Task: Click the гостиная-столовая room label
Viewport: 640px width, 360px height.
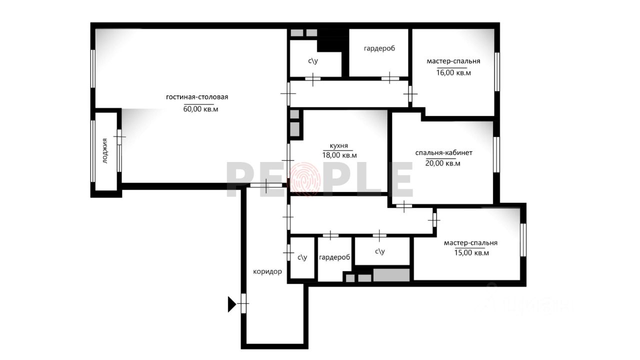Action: (197, 97)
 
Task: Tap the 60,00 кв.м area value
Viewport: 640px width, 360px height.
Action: (200, 109)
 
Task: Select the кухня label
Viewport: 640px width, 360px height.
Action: (339, 145)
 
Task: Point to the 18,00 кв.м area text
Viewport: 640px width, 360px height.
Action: (339, 155)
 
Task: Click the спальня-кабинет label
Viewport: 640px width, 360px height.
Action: (443, 153)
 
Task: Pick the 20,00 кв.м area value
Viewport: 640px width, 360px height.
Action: (443, 163)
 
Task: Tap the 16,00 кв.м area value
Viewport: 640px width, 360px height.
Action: (453, 72)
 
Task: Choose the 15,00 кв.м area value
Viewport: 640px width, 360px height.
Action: (471, 253)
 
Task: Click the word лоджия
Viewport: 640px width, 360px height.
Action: (105, 151)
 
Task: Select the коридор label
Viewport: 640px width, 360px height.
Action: (267, 271)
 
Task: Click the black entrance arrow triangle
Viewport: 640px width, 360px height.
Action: (231, 304)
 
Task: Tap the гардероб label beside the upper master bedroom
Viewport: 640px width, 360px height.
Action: (379, 48)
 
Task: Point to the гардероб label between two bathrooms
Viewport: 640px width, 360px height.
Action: (334, 257)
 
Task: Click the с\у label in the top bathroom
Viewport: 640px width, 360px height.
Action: (313, 60)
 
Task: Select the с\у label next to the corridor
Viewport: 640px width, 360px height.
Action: (302, 257)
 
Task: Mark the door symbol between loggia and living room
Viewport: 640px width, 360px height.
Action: (119, 137)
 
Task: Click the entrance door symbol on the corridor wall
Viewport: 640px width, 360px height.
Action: (243, 303)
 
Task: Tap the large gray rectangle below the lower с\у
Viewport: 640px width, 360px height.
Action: (391, 275)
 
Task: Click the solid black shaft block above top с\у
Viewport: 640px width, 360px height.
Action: (333, 40)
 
